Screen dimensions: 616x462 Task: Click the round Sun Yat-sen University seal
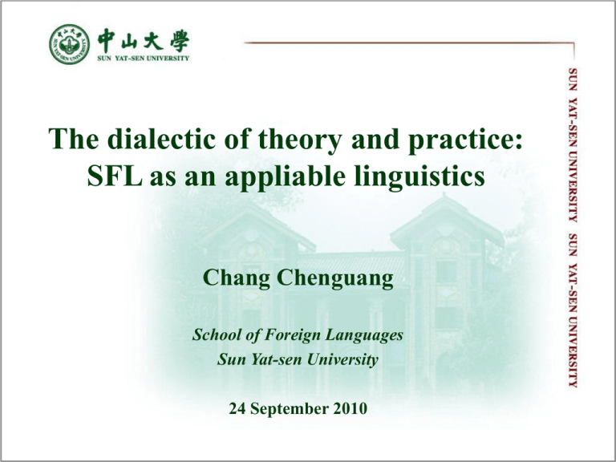(x=70, y=44)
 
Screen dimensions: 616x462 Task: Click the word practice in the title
(x=462, y=140)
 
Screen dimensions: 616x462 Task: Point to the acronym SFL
(x=115, y=176)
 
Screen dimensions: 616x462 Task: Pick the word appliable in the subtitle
(x=285, y=177)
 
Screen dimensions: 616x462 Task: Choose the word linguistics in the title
(x=419, y=177)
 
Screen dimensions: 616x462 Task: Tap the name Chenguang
(x=335, y=278)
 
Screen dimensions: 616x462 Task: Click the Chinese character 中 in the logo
(x=107, y=40)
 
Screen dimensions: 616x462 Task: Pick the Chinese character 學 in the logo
(x=180, y=40)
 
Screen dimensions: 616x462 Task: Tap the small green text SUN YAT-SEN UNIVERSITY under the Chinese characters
(x=144, y=58)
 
